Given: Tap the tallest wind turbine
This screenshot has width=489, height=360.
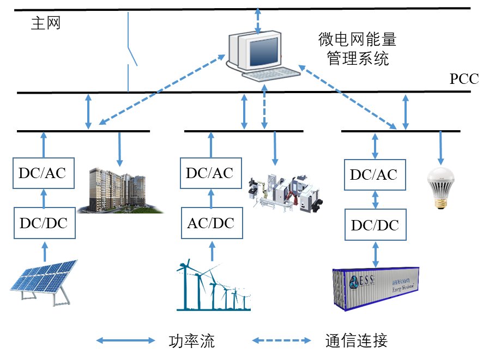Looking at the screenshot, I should click(x=186, y=286).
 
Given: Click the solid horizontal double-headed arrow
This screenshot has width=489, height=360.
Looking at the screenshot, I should click(x=126, y=340).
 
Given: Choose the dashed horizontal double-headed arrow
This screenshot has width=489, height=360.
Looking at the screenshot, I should click(x=281, y=340).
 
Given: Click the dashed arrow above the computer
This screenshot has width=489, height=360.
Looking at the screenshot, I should click(x=258, y=21).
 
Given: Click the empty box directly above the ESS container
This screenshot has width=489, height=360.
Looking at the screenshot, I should click(x=375, y=224).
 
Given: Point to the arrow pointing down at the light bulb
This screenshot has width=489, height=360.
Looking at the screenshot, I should click(x=440, y=145).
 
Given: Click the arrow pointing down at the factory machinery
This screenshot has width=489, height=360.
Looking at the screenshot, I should click(x=275, y=148).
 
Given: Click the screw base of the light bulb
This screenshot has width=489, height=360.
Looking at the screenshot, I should click(x=439, y=202).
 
